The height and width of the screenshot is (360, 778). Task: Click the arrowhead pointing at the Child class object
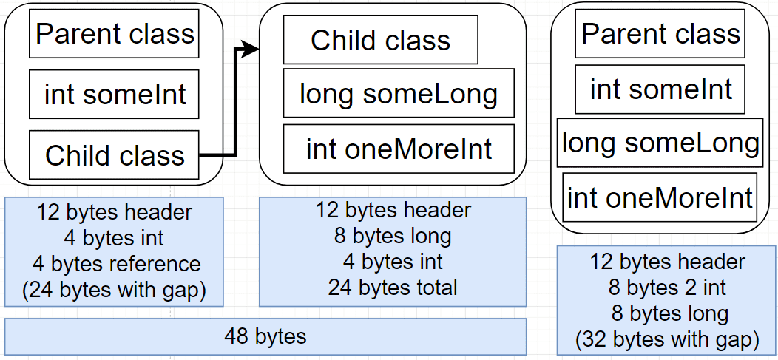coord(251,49)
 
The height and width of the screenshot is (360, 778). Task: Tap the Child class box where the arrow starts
coord(114,154)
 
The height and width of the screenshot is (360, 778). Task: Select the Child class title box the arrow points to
coord(381,40)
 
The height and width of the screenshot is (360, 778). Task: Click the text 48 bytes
coord(265,336)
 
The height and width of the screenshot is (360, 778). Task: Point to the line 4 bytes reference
coord(114,264)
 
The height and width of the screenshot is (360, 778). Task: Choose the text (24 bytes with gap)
coord(114,290)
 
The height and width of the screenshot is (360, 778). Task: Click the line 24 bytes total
coord(392,287)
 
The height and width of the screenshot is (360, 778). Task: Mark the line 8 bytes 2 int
coord(667,288)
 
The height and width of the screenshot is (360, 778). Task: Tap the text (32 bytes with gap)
coord(667,340)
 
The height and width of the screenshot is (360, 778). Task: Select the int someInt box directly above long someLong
coord(660,89)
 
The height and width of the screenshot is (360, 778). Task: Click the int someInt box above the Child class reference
coord(114,94)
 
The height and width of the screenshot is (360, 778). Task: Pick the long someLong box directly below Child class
coord(399,93)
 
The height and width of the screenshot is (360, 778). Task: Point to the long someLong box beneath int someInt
coord(660,143)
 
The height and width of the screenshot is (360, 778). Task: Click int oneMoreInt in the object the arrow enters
coord(399,149)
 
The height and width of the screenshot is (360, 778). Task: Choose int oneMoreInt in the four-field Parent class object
coord(660,197)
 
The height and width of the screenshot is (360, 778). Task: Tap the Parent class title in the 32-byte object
coord(660,34)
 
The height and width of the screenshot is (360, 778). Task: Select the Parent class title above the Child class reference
coord(114,33)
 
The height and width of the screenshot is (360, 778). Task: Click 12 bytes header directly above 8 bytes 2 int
coord(667,262)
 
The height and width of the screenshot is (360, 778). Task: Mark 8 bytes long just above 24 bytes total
coord(392,236)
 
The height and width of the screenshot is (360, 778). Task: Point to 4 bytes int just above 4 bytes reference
coord(114,238)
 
